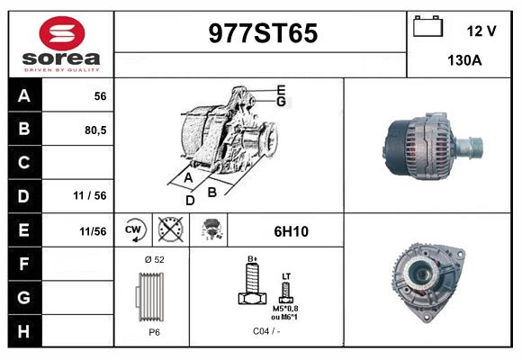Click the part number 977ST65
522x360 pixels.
click(262, 33)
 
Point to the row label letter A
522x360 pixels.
click(23, 96)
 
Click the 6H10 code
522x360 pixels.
click(291, 231)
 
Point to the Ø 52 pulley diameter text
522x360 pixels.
click(154, 259)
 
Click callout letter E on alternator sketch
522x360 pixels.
click(282, 90)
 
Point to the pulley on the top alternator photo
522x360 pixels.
click(469, 145)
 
